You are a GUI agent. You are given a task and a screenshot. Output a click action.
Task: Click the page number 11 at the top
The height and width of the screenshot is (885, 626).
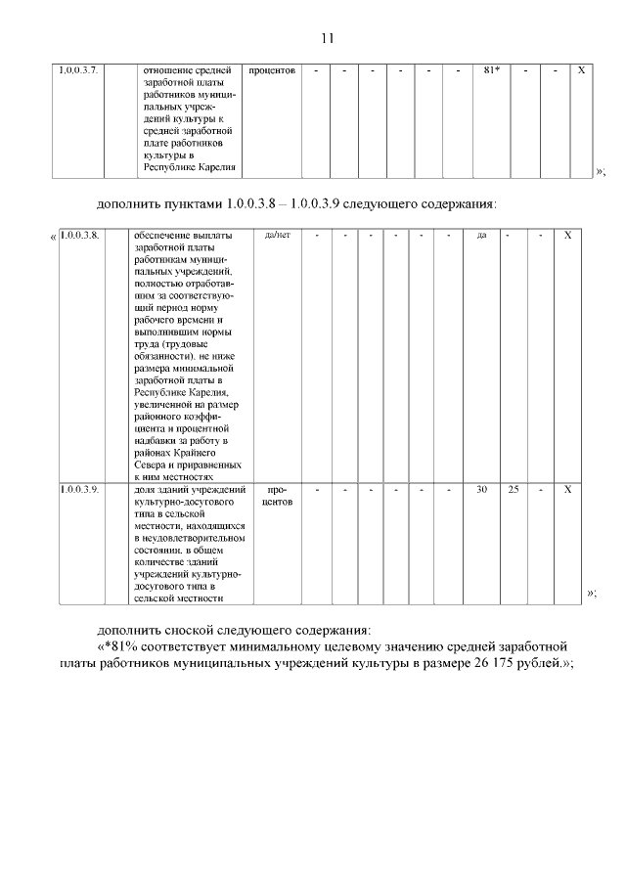(327, 38)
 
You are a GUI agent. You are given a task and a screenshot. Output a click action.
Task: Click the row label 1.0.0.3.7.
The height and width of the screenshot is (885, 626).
(78, 70)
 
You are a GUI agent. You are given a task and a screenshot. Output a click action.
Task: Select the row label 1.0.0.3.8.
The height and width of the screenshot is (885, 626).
(80, 236)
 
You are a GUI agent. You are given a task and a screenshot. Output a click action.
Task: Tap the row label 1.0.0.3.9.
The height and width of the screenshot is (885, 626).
(80, 487)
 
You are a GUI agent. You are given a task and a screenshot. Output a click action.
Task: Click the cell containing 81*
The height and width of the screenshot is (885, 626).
(492, 70)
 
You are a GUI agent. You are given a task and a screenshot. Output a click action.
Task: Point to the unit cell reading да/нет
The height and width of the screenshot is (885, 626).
(278, 236)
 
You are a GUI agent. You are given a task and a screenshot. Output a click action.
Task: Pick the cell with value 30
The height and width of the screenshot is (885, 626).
(481, 487)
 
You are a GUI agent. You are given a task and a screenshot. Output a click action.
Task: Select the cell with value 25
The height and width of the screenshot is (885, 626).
(514, 487)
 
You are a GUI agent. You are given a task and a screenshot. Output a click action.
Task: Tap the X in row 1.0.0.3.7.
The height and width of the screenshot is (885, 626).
(582, 70)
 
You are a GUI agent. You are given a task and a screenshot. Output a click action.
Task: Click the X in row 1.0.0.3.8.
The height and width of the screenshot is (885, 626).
(568, 236)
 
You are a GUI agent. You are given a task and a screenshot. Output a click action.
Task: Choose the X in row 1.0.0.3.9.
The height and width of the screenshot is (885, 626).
(568, 487)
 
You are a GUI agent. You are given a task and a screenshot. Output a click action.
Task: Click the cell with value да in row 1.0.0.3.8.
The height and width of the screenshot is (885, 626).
(481, 236)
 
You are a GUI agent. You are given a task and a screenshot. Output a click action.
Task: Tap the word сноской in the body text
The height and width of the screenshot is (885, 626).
(200, 629)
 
